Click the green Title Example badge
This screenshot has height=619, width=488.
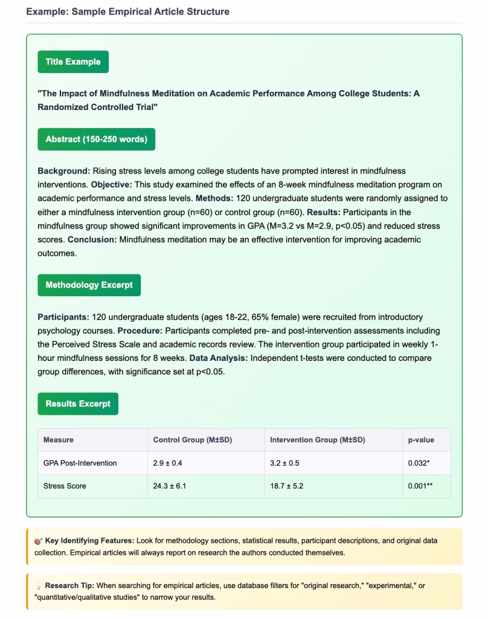click(73, 62)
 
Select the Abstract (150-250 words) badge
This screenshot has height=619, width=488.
click(96, 139)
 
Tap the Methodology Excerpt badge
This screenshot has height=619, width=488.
click(89, 285)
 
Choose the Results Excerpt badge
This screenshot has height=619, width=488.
click(78, 403)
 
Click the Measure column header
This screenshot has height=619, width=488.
click(59, 439)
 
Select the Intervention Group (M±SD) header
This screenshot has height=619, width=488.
click(317, 439)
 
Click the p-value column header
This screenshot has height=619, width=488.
click(421, 439)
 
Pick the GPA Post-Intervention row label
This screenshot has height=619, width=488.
click(80, 463)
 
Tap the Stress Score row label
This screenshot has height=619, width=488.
click(65, 486)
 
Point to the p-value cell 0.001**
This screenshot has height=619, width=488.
click(422, 486)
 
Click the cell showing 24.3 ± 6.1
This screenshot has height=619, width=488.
click(170, 486)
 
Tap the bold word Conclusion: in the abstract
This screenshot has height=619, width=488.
click(92, 240)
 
